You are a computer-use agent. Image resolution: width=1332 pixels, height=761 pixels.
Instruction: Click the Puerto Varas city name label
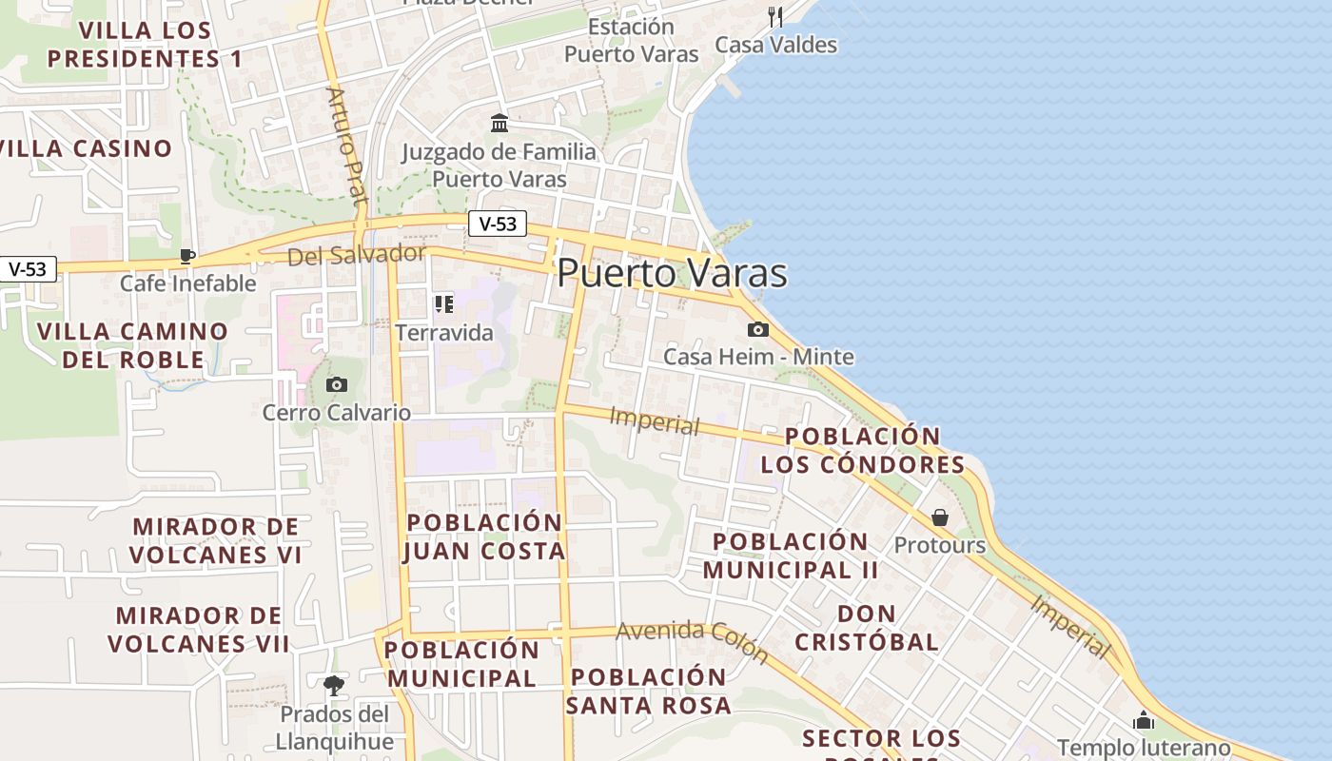tap(672, 273)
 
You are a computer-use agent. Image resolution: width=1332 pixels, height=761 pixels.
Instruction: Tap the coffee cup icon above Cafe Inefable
tap(187, 255)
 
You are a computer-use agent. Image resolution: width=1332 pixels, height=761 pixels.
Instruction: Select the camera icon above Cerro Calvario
tap(336, 384)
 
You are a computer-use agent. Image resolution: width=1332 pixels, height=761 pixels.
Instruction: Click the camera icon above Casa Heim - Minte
tap(757, 329)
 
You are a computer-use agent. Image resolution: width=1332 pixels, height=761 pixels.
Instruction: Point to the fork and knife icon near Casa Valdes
tap(775, 16)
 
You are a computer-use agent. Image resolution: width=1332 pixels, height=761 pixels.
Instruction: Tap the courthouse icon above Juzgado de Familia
tap(499, 123)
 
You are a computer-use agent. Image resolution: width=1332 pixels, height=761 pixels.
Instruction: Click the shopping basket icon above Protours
tap(940, 517)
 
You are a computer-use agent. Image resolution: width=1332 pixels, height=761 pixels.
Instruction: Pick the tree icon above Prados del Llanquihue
tap(334, 685)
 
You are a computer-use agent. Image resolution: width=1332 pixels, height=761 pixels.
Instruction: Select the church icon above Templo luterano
tap(1144, 720)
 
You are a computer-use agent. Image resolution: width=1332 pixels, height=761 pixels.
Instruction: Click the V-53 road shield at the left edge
tap(28, 269)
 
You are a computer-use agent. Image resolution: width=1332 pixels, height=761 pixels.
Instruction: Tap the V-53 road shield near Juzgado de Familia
tap(498, 224)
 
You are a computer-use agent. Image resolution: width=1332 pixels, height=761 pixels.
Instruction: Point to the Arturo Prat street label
tap(346, 146)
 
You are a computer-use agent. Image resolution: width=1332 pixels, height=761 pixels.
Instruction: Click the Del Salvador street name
tap(356, 254)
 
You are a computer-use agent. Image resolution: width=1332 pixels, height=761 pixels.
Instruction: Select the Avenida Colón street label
tap(692, 640)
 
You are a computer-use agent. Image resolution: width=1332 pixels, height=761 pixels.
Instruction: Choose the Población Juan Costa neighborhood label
tap(484, 537)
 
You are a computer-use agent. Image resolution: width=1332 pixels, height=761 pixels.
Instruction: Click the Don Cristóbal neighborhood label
tap(867, 627)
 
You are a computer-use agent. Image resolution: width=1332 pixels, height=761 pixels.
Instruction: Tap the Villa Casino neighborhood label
tap(86, 148)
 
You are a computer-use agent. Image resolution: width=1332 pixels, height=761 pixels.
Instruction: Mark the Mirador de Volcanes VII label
tap(199, 630)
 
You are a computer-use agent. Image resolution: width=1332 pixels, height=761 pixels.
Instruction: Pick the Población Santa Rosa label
tap(649, 692)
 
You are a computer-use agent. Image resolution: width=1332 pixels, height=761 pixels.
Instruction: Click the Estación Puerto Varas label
tap(632, 40)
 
